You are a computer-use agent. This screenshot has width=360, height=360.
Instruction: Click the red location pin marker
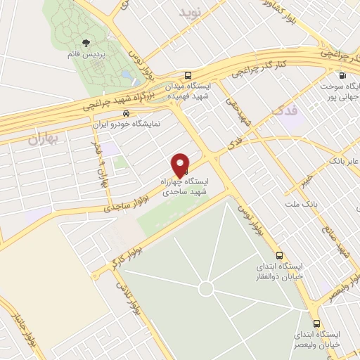tap(181, 165)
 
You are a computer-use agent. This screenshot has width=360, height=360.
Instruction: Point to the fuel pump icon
tap(342, 76)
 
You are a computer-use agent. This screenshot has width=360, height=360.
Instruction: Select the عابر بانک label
tap(342, 162)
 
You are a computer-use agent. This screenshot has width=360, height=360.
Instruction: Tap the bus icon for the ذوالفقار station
tap(280, 255)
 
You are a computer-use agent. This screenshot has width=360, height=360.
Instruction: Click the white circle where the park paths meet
tap(205, 289)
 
